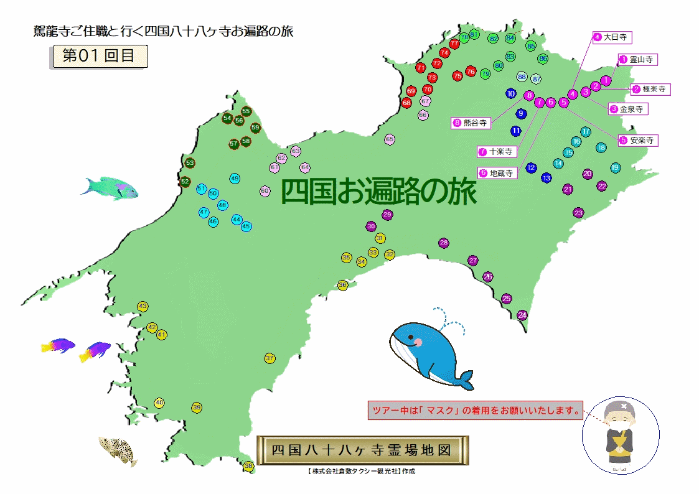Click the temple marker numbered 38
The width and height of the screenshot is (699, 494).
[248, 466]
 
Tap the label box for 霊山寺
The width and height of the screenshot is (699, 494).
[637, 60]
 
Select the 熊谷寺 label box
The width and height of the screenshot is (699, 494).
[471, 123]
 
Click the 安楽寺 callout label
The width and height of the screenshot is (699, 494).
[638, 141]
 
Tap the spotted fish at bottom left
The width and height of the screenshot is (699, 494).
[118, 449]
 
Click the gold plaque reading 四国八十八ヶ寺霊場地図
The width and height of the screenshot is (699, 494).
[361, 450]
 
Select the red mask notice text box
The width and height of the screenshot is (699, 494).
[476, 411]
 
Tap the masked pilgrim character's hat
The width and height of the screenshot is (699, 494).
[618, 408]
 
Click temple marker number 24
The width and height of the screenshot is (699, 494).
[522, 315]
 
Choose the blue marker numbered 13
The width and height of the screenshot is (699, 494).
[547, 178]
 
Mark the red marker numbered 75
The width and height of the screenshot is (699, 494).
[457, 76]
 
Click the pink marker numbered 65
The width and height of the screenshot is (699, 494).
[390, 139]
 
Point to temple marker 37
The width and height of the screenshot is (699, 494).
[270, 358]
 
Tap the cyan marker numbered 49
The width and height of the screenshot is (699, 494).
[235, 179]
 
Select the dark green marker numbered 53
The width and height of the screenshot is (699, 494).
[190, 163]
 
